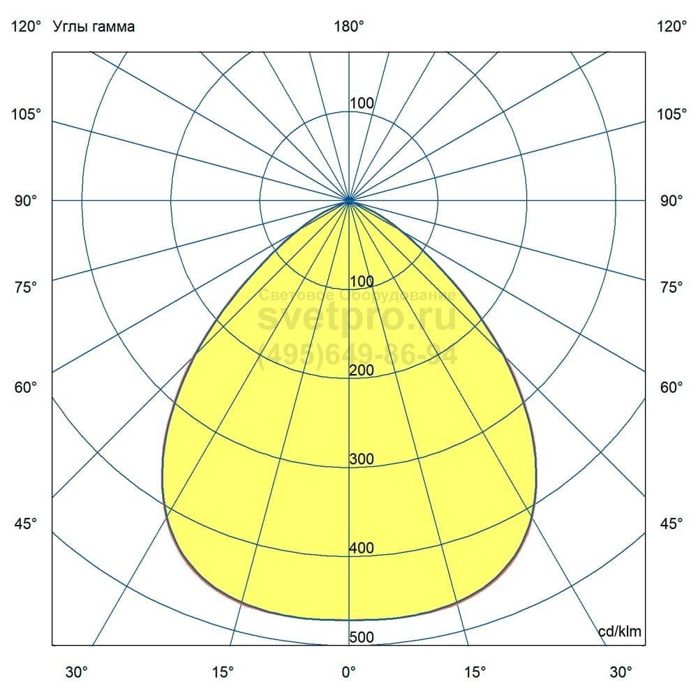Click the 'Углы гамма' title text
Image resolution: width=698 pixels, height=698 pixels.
pyautogui.click(x=94, y=27)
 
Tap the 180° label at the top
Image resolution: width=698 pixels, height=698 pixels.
pyautogui.click(x=349, y=27)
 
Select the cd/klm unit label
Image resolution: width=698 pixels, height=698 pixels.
pyautogui.click(x=620, y=632)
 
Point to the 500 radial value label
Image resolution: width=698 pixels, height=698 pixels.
pyautogui.click(x=362, y=637)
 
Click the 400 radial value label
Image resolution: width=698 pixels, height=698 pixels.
pyautogui.click(x=362, y=549)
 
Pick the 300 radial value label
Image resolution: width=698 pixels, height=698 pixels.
pyautogui.click(x=362, y=459)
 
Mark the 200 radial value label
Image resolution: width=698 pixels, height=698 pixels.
pyautogui.click(x=362, y=371)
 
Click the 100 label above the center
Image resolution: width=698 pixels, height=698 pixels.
pyautogui.click(x=362, y=103)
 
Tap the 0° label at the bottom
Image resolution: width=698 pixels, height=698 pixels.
pyautogui.click(x=349, y=671)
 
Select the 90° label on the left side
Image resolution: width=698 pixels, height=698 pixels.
pyautogui.click(x=27, y=201)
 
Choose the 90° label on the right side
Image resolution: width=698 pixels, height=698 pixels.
pyautogui.click(x=671, y=201)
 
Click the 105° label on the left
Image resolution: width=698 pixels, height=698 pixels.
pyautogui.click(x=27, y=114)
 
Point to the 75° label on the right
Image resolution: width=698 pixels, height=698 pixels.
pyautogui.click(x=671, y=288)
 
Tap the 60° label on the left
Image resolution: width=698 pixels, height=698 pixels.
pyautogui.click(x=27, y=387)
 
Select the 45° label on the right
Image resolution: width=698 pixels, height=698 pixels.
pyautogui.click(x=671, y=523)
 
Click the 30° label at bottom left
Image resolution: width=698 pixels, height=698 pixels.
pyautogui.click(x=77, y=671)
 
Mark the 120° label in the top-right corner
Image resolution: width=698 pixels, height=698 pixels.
pyautogui.click(x=671, y=27)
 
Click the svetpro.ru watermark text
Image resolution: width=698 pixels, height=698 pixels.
pyautogui.click(x=357, y=318)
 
